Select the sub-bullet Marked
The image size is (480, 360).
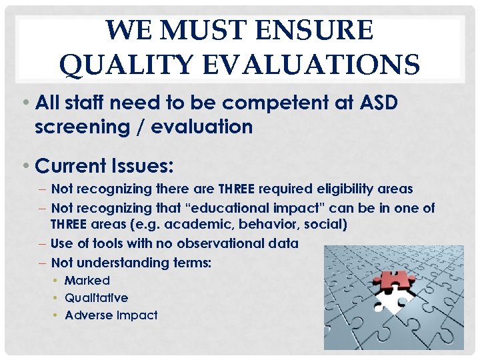pyautogui.click(x=87, y=281)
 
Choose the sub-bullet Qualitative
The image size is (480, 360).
pyautogui.click(x=96, y=297)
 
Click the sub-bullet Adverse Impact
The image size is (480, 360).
pyautogui.click(x=111, y=315)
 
